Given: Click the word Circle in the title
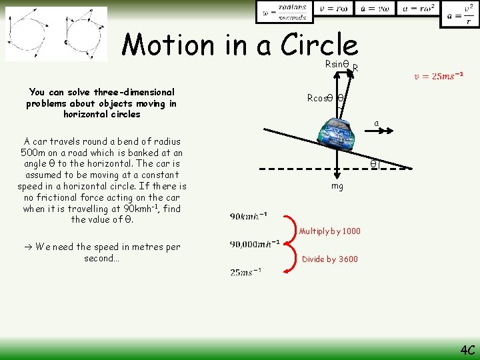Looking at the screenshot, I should coord(319,45).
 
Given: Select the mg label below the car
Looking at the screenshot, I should coord(337,186).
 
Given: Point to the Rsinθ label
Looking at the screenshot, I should coord(337,64).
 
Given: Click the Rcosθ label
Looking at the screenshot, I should coord(320,97).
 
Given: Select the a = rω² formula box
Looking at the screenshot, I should coord(417,9).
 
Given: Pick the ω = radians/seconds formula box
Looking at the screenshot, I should coord(284,11).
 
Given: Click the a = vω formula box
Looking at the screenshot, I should coord(374,9).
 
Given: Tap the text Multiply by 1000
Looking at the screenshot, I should coord(330,231).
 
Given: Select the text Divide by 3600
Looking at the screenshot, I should coord(330,259).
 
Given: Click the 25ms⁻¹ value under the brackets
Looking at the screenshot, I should coord(245,271).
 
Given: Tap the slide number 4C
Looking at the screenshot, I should coord(467,349).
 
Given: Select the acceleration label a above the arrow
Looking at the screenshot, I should coord(377,123).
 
